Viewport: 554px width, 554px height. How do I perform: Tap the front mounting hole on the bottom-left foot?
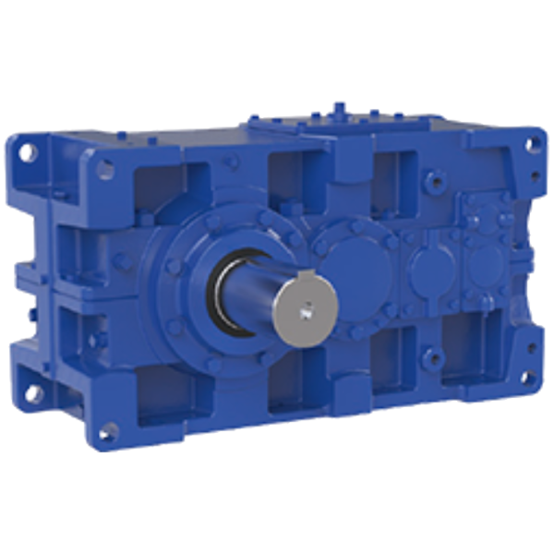pos(111,428)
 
